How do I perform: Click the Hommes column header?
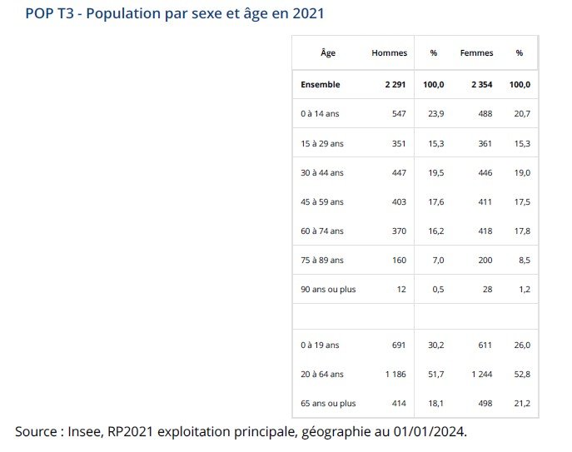pos(389,53)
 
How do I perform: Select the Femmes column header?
pos(476,53)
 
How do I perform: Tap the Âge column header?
pos(328,53)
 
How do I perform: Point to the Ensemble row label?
pos(321,85)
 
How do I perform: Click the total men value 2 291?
pos(395,85)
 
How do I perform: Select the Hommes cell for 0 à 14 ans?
pos(399,114)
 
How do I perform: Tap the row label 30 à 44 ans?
pos(322,173)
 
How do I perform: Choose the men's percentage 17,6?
pos(436,202)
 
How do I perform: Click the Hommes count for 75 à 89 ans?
pos(399,261)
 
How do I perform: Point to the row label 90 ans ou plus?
pos(328,290)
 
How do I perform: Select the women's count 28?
pos(488,290)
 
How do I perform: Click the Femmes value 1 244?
pos(482,375)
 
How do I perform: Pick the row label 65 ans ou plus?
pos(328,404)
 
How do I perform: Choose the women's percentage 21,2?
pos(523,404)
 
